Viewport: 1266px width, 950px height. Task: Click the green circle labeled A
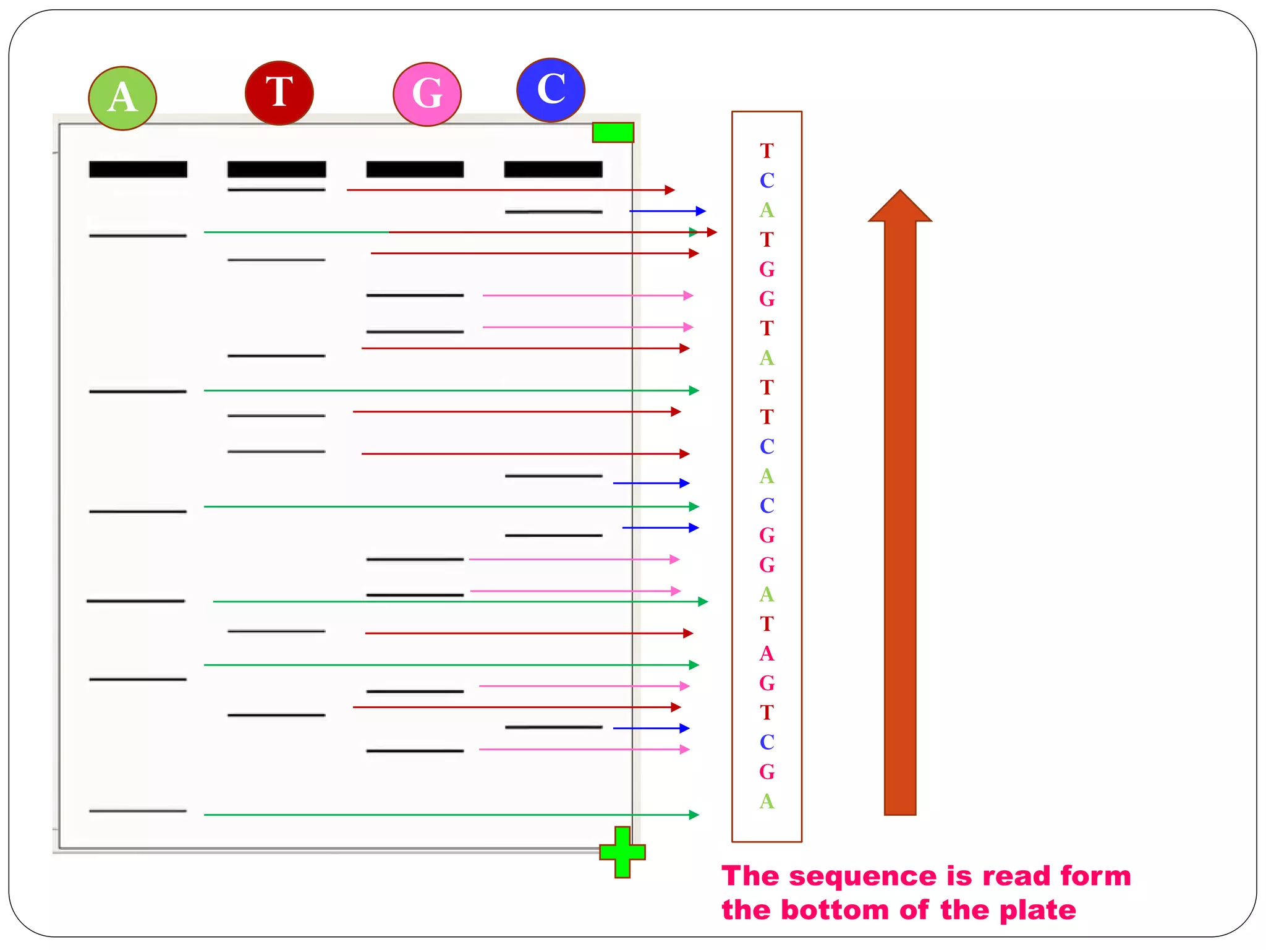[122, 98]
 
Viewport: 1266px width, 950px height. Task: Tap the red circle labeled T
[279, 93]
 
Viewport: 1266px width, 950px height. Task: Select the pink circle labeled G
[427, 94]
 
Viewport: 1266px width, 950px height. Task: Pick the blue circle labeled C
[551, 90]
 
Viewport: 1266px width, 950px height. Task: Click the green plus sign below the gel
[622, 852]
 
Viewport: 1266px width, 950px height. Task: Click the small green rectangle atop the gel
[613, 132]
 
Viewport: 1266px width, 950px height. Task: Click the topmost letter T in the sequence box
[767, 151]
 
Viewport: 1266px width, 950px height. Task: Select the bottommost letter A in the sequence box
[767, 802]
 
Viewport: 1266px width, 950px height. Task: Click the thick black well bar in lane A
[138, 169]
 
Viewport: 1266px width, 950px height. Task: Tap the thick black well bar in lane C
[553, 169]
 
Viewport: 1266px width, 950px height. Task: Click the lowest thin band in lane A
[138, 811]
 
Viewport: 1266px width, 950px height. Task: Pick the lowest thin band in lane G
[415, 751]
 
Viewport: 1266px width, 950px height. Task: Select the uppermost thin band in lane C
[553, 212]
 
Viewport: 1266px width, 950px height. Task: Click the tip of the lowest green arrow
[695, 815]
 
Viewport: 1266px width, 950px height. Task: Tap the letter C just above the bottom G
[767, 742]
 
